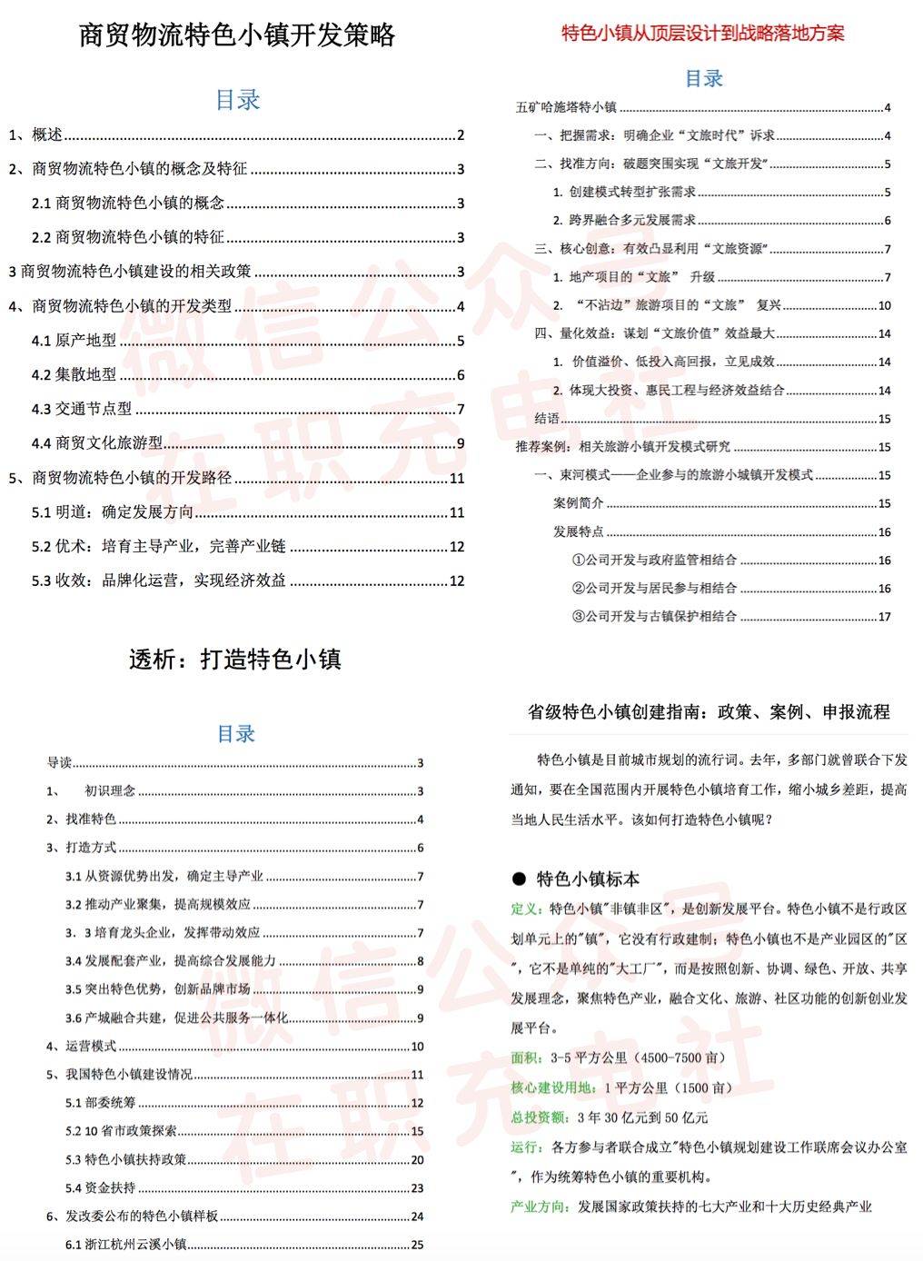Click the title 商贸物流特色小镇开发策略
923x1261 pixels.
click(x=237, y=35)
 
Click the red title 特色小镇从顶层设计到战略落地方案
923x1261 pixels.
click(x=703, y=34)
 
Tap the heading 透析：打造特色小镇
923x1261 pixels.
click(x=234, y=660)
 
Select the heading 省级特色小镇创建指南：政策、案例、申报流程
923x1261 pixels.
click(x=709, y=711)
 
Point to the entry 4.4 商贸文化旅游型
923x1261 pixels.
click(x=97, y=442)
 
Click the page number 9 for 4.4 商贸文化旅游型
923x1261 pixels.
click(x=461, y=443)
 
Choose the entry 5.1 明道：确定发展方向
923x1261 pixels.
click(x=113, y=511)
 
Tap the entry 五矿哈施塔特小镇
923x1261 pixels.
click(x=566, y=107)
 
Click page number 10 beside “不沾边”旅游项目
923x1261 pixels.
click(x=884, y=305)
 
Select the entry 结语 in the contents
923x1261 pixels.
click(x=547, y=419)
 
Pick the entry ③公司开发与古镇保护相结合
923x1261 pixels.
click(x=654, y=616)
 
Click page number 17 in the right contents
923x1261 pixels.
click(x=884, y=617)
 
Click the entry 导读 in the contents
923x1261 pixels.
click(x=59, y=762)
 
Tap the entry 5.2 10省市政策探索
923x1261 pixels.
click(x=121, y=1131)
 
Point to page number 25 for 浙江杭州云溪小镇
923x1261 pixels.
click(x=417, y=1245)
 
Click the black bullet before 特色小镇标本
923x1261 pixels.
click(x=519, y=879)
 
